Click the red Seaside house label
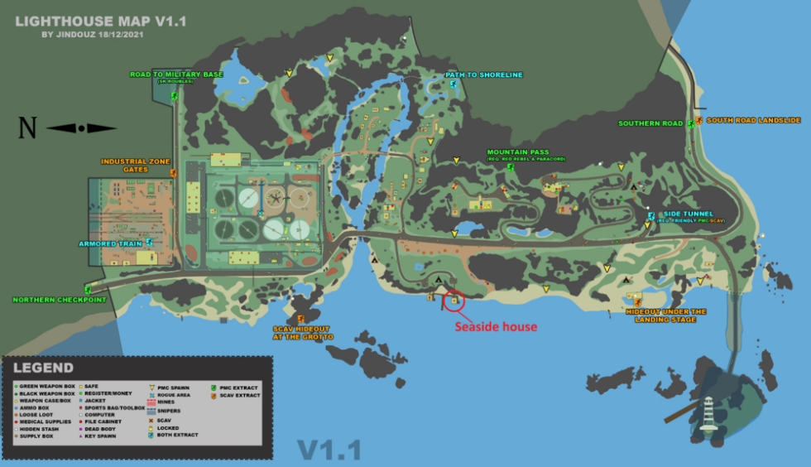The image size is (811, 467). coord(496,327)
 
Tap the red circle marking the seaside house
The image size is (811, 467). coord(453,301)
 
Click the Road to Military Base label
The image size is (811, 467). coord(176,75)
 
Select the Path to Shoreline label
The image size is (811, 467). coord(484,75)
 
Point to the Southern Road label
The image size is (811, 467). coord(650,123)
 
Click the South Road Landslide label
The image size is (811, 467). coord(753,120)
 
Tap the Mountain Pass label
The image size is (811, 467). coord(518,152)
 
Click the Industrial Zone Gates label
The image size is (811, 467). coord(124,165)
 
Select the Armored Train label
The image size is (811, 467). coord(111,244)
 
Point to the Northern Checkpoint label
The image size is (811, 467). coord(60,300)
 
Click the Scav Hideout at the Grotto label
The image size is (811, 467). coord(303,333)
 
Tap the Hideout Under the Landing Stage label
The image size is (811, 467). coord(666,315)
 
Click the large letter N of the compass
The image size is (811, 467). coord(28,128)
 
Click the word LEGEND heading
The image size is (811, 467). coord(42,368)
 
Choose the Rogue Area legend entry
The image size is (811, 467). coord(172,395)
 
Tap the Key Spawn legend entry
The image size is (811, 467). coord(99,435)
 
